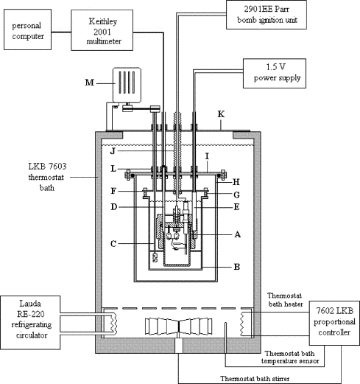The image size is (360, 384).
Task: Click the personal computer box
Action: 27,29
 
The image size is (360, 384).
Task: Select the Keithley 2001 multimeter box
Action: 102,30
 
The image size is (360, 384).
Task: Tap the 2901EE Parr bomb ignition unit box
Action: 267,15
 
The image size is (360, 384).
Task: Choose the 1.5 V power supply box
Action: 275,73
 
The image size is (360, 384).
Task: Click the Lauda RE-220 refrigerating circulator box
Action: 30,323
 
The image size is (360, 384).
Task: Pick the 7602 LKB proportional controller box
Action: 334,323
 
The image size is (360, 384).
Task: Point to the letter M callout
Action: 90,83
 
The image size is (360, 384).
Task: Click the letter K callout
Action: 221,114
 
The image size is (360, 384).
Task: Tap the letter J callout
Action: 113,151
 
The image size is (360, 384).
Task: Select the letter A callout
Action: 237,234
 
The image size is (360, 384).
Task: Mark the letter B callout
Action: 237,267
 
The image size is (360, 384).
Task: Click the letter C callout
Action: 113,244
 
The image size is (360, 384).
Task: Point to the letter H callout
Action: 236,182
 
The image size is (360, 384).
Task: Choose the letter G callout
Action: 236,195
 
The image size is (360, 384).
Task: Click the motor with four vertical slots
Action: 127,85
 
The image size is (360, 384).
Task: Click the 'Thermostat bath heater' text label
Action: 285,300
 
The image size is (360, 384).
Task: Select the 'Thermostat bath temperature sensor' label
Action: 290,357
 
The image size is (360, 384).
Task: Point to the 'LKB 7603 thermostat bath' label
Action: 46,177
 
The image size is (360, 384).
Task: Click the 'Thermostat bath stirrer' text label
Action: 255,379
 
